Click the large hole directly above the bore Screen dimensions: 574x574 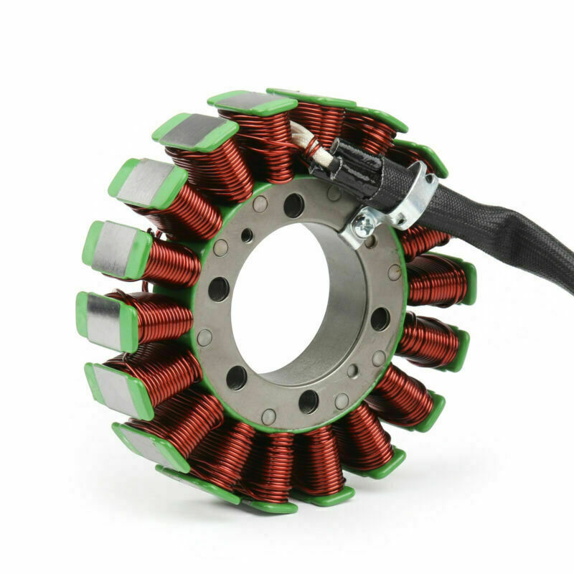point(293,206)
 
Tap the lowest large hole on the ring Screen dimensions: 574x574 point(309,401)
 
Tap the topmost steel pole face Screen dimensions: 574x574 point(248,101)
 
